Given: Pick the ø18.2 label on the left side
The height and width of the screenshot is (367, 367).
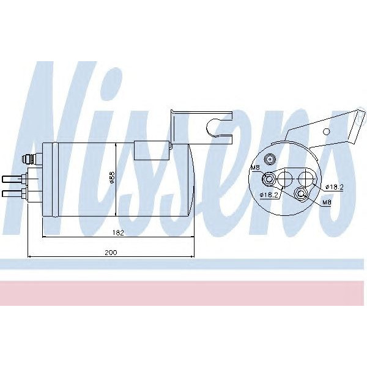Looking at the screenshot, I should (269, 195).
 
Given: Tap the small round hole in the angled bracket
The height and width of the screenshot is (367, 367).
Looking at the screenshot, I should (327, 130).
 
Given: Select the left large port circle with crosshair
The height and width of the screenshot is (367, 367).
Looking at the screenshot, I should (285, 179).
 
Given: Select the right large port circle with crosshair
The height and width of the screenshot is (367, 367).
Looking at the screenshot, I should (305, 179).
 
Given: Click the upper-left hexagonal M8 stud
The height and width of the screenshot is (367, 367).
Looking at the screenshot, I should (268, 179).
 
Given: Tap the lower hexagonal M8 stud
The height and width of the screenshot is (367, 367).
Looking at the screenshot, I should (300, 195).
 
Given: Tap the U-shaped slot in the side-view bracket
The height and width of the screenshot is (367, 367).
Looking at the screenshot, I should (215, 127).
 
